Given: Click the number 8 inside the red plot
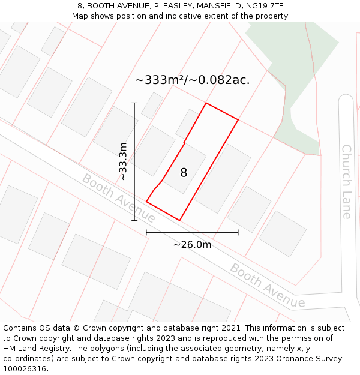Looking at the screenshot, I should coord(184,173).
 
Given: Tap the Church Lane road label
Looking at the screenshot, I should coord(346,181).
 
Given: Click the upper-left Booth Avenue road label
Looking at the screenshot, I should coord(119,197).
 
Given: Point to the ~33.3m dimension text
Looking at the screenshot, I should coord(122,161).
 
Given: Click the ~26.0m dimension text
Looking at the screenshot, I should coord(192,244).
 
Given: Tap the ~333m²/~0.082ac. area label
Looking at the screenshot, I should coord(192,80).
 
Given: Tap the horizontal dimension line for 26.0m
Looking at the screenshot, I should coord(192,232).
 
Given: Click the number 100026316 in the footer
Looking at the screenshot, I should coord(25,369).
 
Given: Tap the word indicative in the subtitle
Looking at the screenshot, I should coord(175,16).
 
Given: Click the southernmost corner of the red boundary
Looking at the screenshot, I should coord(179,220).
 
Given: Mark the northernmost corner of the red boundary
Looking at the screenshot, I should coord(206,103).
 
